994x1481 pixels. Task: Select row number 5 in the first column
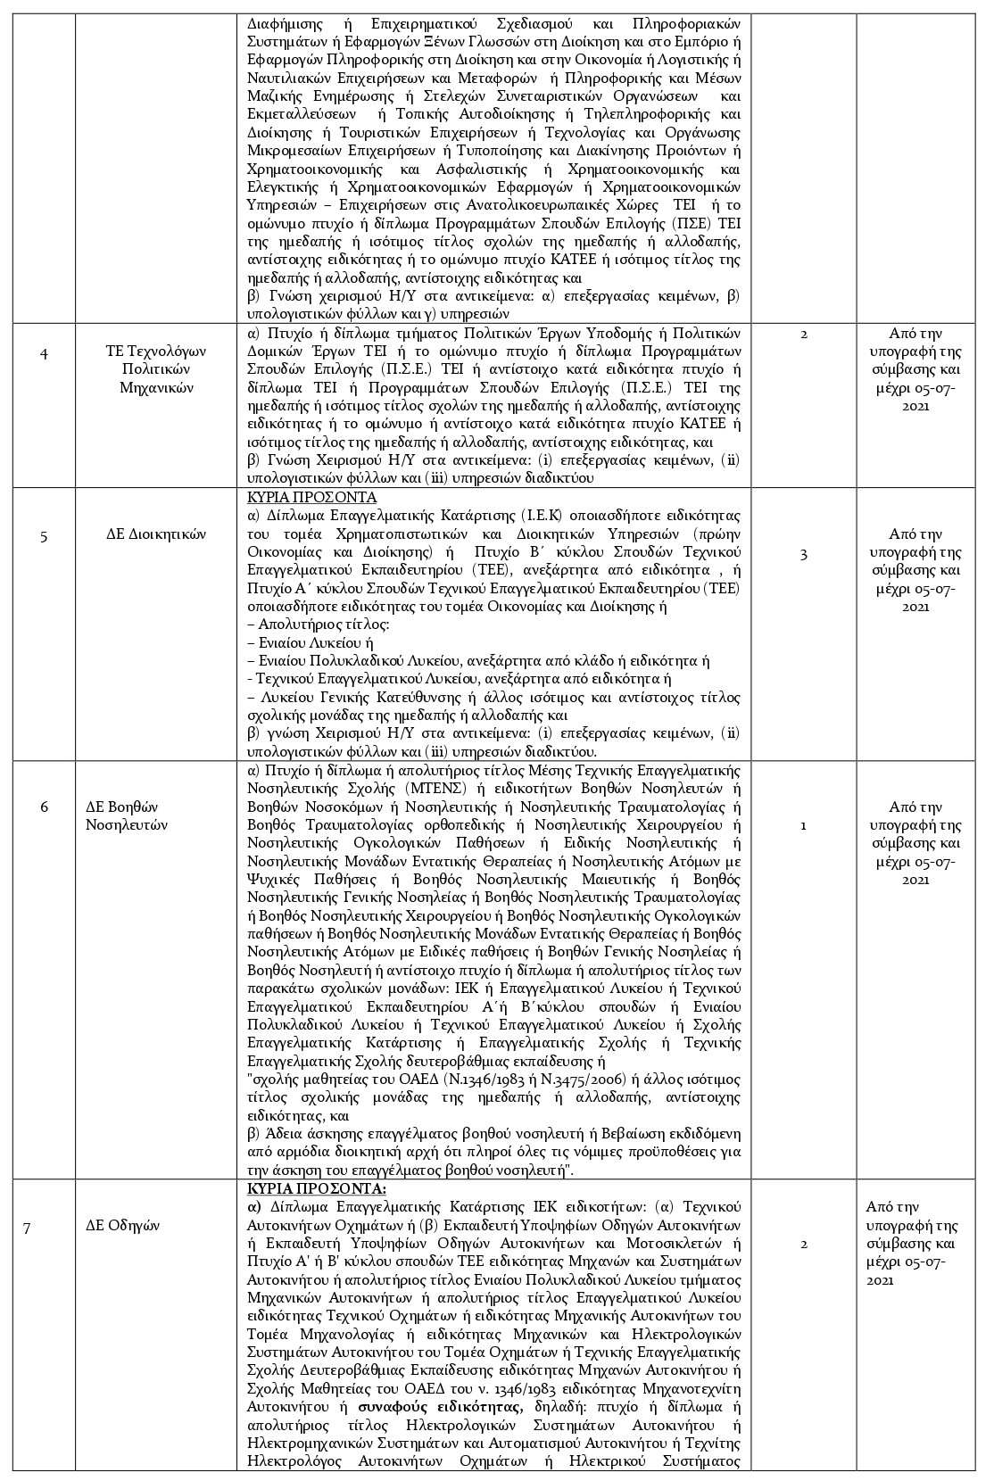(x=44, y=534)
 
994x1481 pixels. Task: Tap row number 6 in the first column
(x=44, y=807)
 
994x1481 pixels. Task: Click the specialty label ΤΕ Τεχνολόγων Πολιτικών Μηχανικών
(x=156, y=369)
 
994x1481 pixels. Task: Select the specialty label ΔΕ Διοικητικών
(x=156, y=534)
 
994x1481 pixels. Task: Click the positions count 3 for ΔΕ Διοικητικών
(x=803, y=554)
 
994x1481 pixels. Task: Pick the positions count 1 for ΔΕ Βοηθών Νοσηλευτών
(x=803, y=825)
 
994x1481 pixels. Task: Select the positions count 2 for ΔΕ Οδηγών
(x=803, y=1245)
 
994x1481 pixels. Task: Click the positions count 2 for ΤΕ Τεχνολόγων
(x=803, y=334)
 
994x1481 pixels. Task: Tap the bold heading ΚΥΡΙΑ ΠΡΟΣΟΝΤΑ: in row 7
(x=316, y=1189)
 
